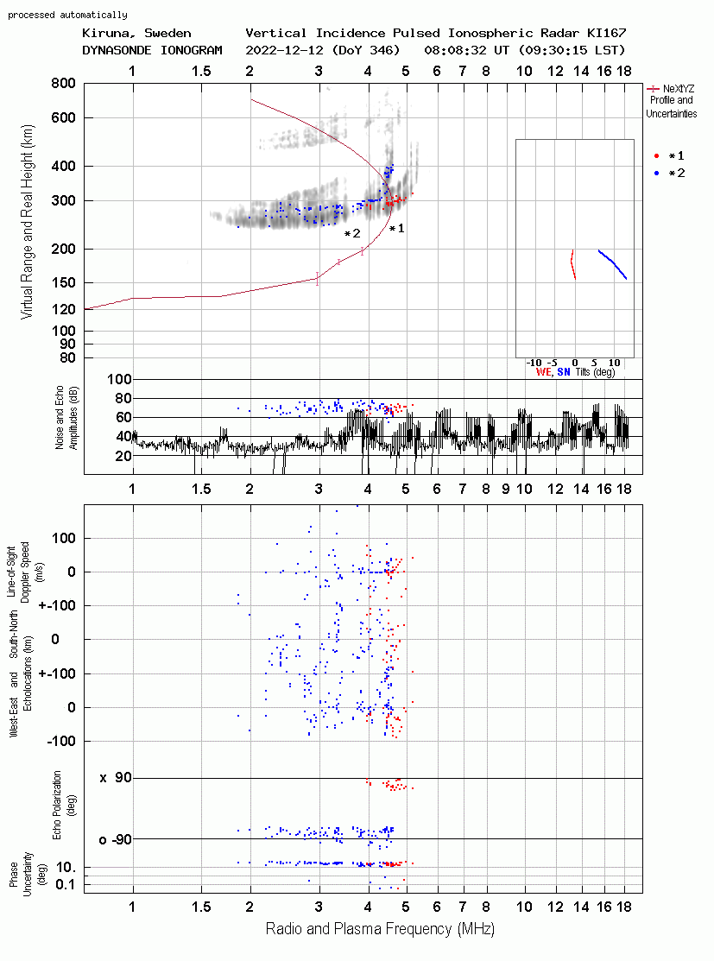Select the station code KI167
tap(606, 33)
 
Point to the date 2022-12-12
tap(285, 50)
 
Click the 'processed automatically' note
tap(67, 15)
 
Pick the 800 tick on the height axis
tap(64, 83)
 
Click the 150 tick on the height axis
tap(64, 282)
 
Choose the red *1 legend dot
tap(656, 155)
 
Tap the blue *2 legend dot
tap(656, 173)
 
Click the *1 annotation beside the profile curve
tap(396, 229)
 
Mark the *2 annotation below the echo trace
tap(352, 233)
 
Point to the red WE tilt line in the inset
tap(572, 264)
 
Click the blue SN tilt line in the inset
tap(613, 264)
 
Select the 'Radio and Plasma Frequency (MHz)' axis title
tap(380, 929)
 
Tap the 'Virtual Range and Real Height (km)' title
tap(27, 222)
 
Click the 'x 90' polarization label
tap(116, 778)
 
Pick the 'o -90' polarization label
tap(115, 839)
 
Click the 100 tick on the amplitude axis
tap(119, 379)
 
